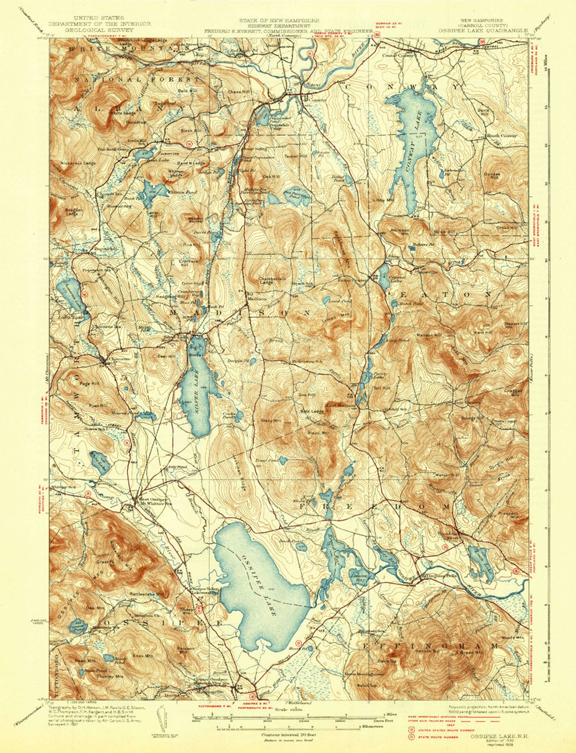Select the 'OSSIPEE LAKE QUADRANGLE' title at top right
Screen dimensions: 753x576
click(x=483, y=30)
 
